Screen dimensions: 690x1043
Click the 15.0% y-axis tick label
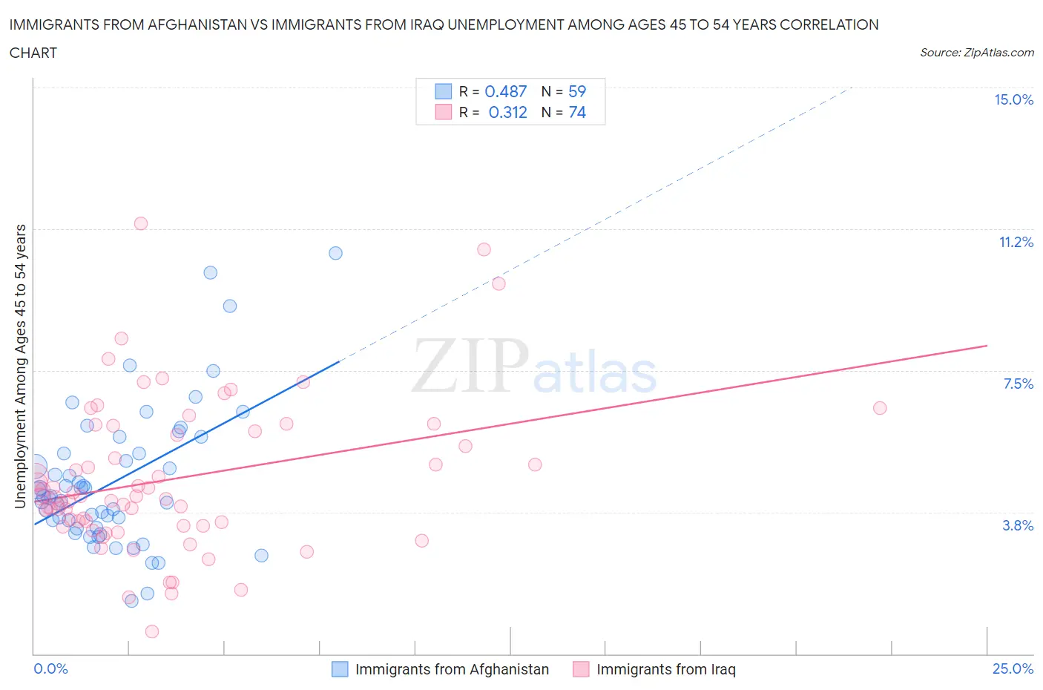[x=1013, y=100]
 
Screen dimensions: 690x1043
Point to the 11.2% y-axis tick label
[x=1016, y=243]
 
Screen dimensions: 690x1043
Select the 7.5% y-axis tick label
[x=1018, y=384]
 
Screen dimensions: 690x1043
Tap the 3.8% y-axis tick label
[x=1018, y=526]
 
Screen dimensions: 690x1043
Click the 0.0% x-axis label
[x=50, y=669]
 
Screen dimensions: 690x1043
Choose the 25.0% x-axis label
[x=1013, y=669]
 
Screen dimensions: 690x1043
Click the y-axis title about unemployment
[x=21, y=366]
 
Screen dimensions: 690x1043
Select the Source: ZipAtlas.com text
[x=976, y=53]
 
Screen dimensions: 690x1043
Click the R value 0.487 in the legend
[x=505, y=92]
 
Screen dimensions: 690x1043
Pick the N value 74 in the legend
[x=576, y=113]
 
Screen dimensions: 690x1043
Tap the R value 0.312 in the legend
[x=507, y=113]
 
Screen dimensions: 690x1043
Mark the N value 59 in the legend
[x=576, y=92]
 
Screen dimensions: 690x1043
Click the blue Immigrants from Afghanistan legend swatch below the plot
[x=340, y=669]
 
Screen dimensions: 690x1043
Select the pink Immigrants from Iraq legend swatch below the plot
[x=581, y=669]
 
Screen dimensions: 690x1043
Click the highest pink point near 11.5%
[x=141, y=223]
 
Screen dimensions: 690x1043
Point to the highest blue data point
[x=335, y=253]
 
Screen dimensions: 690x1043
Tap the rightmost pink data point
[x=880, y=408]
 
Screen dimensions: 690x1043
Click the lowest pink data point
[x=152, y=631]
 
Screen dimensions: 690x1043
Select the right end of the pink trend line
[x=987, y=346]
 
